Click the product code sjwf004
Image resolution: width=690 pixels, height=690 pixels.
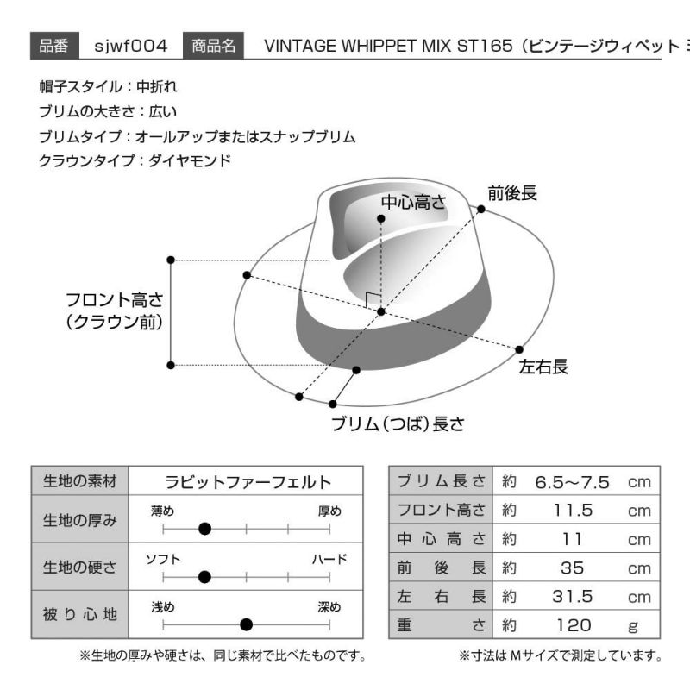point(131,46)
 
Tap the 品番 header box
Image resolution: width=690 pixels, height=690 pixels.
point(54,46)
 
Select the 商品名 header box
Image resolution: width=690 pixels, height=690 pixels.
point(213,46)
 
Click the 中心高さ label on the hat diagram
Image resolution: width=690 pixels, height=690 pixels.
point(413,203)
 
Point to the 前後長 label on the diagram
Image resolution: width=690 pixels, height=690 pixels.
point(512,193)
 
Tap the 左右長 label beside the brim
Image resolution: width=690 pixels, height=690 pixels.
point(543,367)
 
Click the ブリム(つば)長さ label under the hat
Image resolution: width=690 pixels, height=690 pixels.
point(398,423)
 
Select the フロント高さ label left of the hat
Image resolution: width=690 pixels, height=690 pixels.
point(115,311)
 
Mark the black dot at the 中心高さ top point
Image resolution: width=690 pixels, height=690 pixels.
point(381,219)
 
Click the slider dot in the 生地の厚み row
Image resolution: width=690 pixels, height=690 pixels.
point(204,529)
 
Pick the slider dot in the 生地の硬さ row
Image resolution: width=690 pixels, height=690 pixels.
point(204,577)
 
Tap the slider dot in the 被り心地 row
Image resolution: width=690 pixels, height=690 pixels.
point(247,624)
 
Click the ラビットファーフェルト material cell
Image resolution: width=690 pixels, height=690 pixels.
point(248,482)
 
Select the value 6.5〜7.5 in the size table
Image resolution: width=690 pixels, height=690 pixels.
point(572,482)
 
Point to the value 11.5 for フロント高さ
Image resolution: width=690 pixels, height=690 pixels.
point(573,511)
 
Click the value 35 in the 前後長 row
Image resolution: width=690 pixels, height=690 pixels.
point(573,568)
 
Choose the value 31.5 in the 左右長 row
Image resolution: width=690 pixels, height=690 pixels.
point(573,597)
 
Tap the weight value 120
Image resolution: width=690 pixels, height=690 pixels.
point(574,625)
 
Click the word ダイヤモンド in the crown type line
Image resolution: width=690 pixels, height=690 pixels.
point(190,160)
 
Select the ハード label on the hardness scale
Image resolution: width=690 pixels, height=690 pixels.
point(329,559)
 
